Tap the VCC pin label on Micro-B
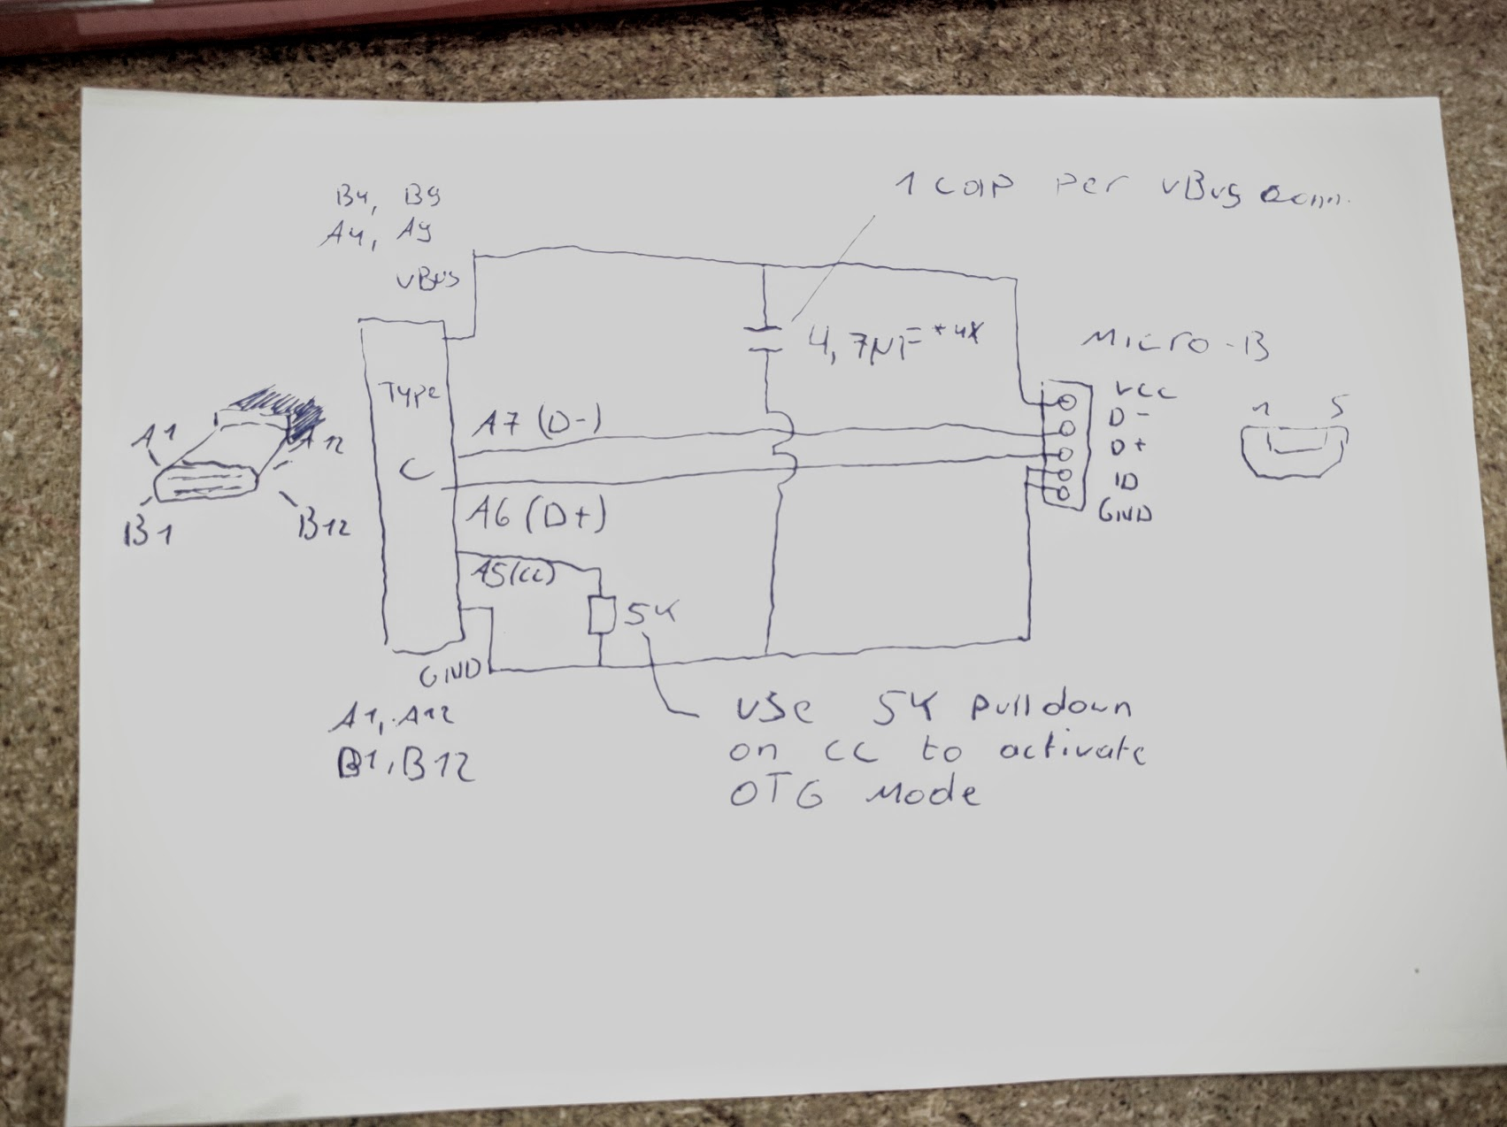tap(1145, 390)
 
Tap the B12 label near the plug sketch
tap(323, 526)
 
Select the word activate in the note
tap(1072, 751)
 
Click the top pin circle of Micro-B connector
tap(1065, 401)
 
